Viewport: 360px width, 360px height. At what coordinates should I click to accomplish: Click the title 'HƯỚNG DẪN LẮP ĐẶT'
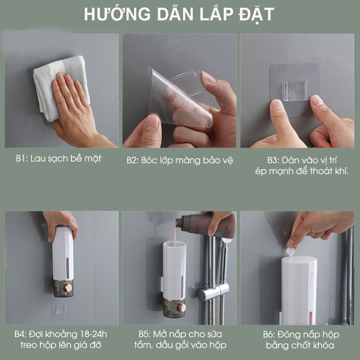[x=180, y=14]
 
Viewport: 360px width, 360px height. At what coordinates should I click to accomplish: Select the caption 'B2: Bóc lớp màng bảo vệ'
[x=179, y=160]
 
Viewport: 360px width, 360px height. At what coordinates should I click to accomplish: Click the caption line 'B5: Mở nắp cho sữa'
[x=179, y=334]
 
